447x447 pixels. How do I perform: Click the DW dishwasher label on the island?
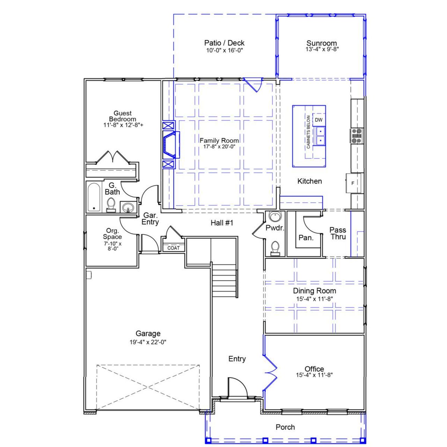(x=318, y=120)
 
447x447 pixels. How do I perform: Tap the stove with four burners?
(x=357, y=136)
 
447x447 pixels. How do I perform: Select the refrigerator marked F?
(x=352, y=183)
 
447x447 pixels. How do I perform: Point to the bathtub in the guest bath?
(x=94, y=197)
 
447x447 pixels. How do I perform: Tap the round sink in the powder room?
(x=275, y=217)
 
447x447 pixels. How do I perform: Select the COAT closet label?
(x=174, y=248)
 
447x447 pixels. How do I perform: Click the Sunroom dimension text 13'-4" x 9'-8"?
(x=322, y=49)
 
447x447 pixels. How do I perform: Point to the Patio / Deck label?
(x=224, y=43)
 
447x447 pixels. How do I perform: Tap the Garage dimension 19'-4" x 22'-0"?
(x=148, y=342)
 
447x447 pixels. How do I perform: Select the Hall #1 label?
(x=222, y=223)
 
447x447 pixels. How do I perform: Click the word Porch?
(x=285, y=427)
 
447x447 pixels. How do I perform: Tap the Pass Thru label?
(x=338, y=233)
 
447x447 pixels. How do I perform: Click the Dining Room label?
(x=314, y=291)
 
